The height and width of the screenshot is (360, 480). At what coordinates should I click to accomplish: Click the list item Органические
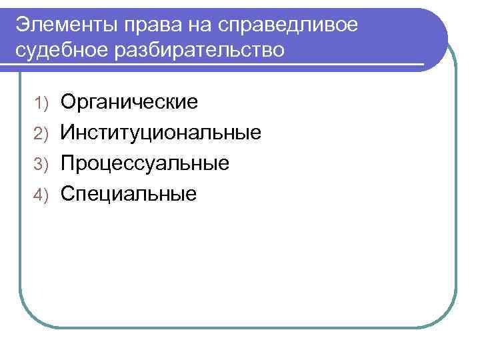[129, 103]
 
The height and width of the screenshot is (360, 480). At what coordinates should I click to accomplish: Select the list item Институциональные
[161, 133]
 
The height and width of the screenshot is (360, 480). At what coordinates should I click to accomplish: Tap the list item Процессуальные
[145, 163]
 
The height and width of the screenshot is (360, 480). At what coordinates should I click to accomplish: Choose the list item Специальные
[129, 194]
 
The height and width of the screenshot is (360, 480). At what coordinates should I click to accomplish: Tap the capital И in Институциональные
[69, 132]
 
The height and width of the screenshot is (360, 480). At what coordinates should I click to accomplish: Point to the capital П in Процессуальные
[69, 163]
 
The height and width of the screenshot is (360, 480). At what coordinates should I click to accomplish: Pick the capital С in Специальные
[69, 193]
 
